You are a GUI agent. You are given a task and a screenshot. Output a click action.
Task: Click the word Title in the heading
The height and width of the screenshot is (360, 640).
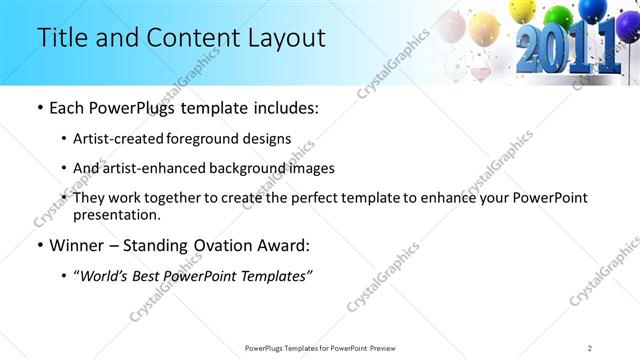(x=61, y=38)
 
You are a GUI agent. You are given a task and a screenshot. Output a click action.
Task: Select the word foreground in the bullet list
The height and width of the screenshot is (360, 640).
(x=224, y=139)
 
